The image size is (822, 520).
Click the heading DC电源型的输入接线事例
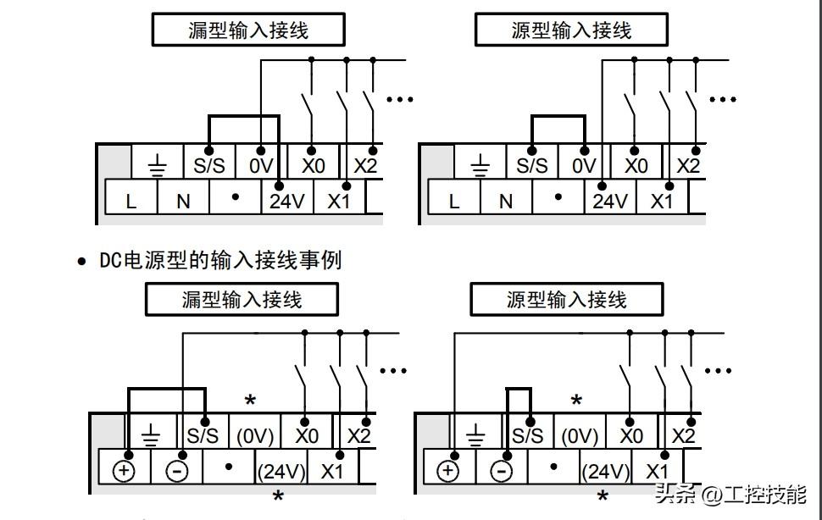tap(220, 260)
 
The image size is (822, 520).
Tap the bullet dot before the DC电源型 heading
tap(81, 262)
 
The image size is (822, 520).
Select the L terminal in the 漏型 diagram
tap(131, 201)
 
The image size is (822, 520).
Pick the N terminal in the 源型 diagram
tap(506, 201)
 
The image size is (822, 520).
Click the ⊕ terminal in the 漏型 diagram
tap(124, 471)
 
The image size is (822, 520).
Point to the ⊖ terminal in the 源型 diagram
tap(502, 471)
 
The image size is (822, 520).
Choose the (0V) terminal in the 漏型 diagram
tap(255, 436)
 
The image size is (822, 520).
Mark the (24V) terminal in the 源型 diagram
tap(605, 471)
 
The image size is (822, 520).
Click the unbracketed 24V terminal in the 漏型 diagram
tap(286, 201)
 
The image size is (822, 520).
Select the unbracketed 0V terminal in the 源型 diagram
tap(584, 165)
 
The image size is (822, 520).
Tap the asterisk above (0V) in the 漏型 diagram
tap(250, 401)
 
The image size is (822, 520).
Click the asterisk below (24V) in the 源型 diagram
tap(603, 497)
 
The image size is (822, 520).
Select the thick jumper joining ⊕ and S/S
tap(166, 390)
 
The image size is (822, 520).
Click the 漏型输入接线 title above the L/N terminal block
tap(248, 30)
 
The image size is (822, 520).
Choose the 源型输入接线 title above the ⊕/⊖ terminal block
tap(566, 300)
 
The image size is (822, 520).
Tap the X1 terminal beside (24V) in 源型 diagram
tap(657, 471)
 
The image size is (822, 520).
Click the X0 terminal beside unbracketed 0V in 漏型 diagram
tap(313, 165)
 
